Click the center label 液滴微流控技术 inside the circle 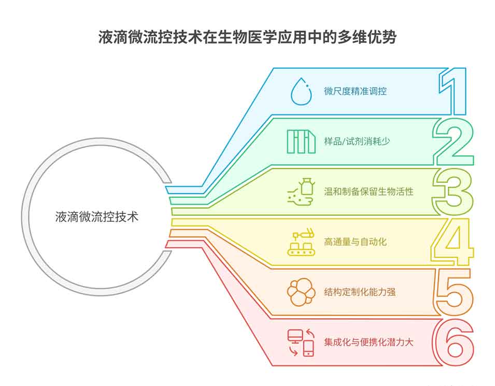pos(97,217)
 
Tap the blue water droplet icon pos(301,92)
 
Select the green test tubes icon pos(301,141)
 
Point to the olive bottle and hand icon pos(301,192)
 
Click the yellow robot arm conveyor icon pos(301,242)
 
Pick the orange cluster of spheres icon pos(301,292)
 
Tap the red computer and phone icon pos(301,342)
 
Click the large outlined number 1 pos(452,91)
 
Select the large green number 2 pos(454,141)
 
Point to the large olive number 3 pos(454,192)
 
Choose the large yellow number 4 pos(452,241)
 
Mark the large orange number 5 pos(454,292)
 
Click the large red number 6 pos(453,342)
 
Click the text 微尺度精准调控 pos(356,92)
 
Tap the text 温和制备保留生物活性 pos(369,192)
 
